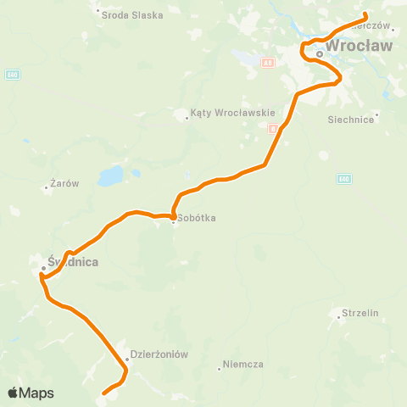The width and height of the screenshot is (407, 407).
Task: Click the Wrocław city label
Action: [x=360, y=46]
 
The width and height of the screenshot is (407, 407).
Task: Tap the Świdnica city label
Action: [x=73, y=262]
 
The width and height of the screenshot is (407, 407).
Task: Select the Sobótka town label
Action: [x=197, y=218]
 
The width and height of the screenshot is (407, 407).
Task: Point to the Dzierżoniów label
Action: [x=159, y=354]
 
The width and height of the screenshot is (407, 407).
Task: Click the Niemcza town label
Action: [x=243, y=364]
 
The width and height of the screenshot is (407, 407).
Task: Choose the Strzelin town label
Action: [x=359, y=313]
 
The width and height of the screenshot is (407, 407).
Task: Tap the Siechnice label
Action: [x=351, y=120]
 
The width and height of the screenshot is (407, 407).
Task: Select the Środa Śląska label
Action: [x=131, y=14]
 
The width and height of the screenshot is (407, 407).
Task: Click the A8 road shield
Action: [x=267, y=62]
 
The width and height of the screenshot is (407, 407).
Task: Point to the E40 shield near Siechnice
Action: [x=343, y=178]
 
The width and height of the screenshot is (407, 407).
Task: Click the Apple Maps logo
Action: [x=31, y=393]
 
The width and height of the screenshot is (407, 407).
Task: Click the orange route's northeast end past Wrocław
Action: [x=365, y=14]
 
